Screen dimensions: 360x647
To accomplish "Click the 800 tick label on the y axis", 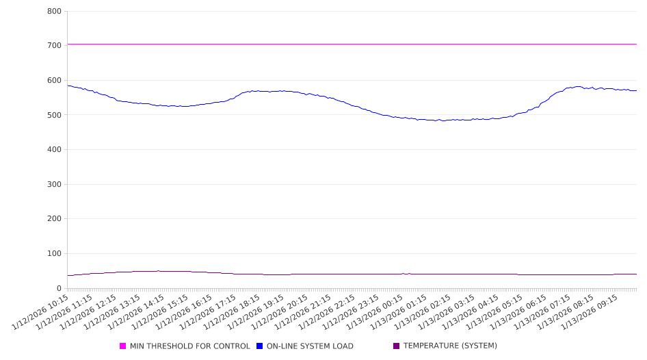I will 55,12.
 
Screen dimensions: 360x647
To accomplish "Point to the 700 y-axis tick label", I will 55,46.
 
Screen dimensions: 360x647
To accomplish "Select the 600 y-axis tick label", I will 55,81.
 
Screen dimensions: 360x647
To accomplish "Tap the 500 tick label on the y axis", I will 55,115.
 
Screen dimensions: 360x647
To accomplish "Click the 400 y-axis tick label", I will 55,150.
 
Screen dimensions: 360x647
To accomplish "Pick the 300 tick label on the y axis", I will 55,185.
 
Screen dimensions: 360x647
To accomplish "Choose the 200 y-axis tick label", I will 55,219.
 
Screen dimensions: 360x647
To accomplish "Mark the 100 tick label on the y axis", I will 55,254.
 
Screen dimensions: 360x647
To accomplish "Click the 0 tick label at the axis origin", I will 60,289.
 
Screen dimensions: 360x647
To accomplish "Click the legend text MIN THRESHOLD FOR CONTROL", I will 189,346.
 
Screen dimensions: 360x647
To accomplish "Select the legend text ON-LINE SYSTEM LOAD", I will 310,346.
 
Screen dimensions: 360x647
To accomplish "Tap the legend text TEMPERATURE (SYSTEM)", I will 450,346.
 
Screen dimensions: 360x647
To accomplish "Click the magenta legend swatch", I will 123,346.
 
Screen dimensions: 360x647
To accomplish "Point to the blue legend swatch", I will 260,346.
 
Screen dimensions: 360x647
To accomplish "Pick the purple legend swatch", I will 397,346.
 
